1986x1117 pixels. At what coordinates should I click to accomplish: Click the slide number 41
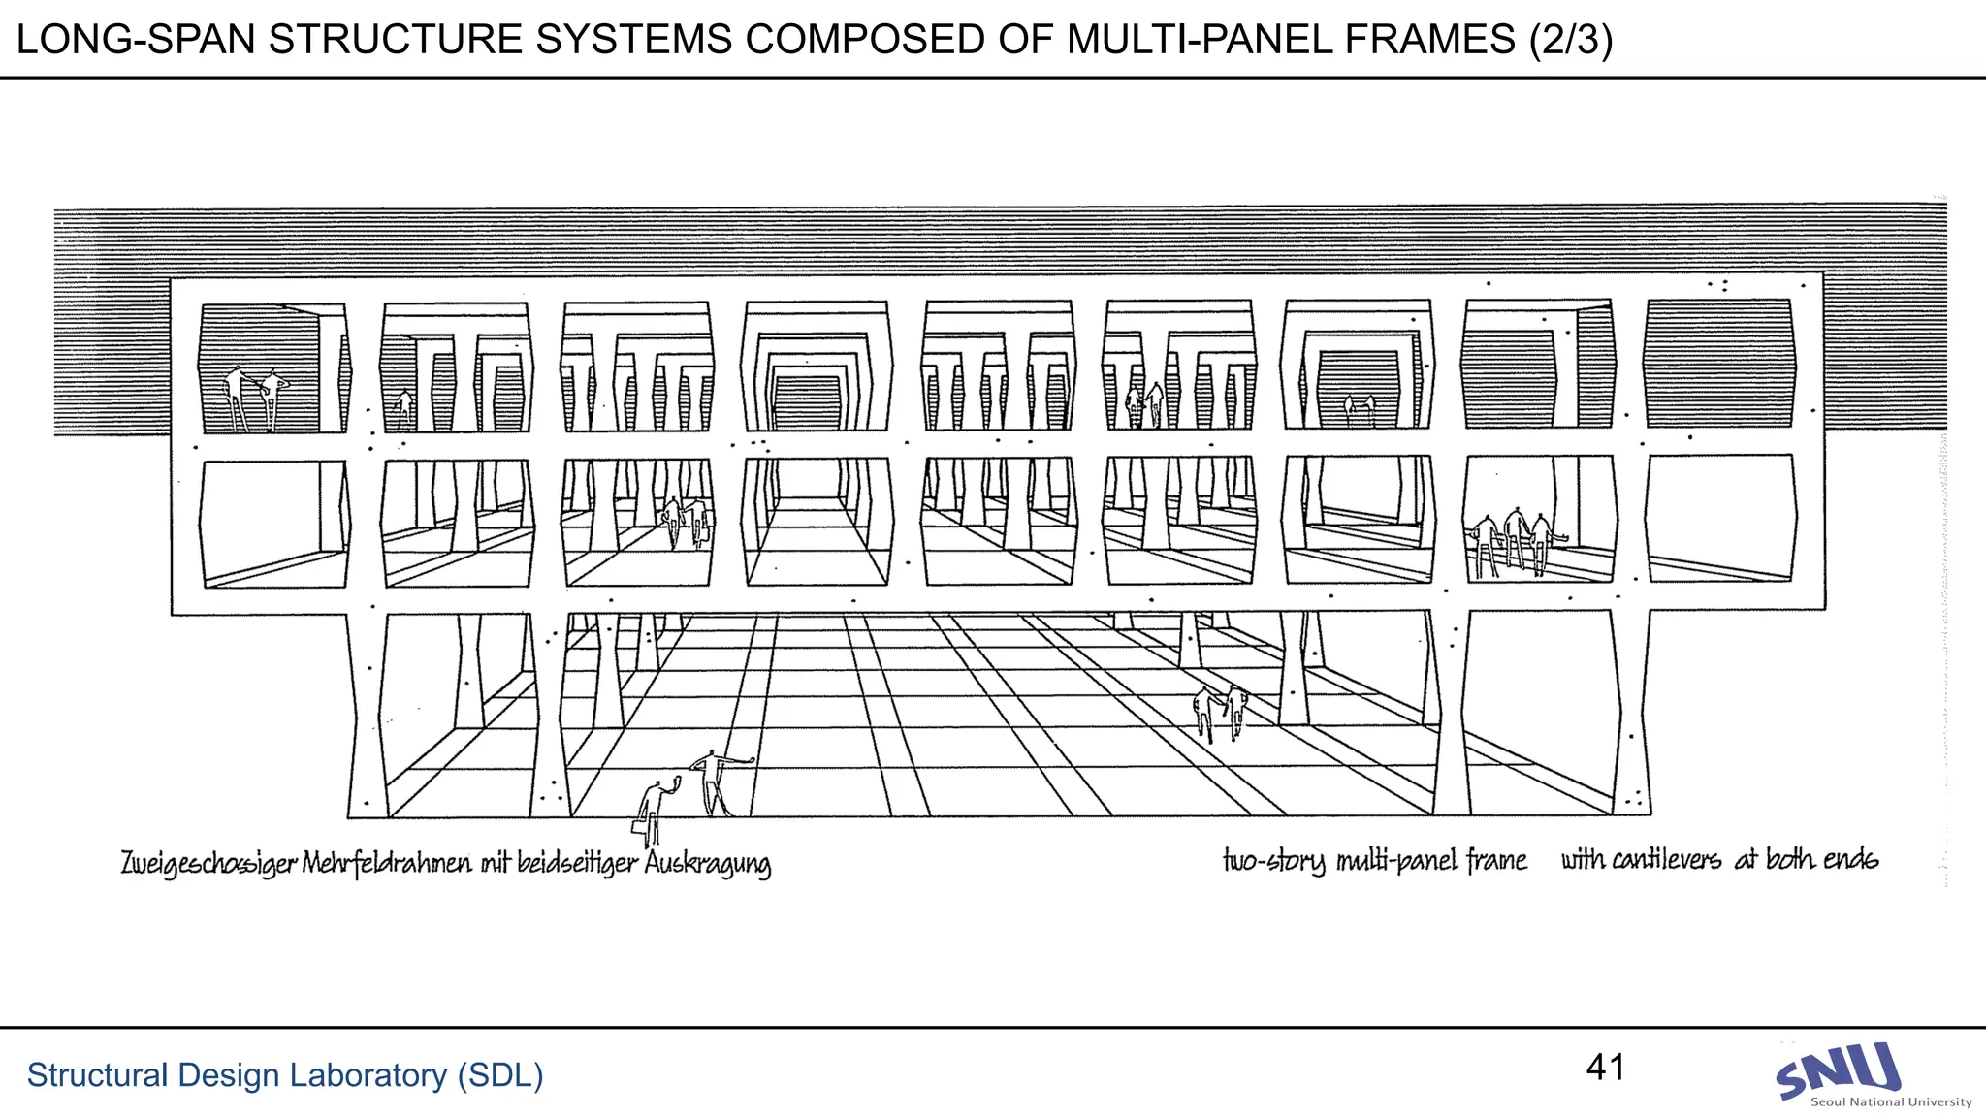tap(1605, 1067)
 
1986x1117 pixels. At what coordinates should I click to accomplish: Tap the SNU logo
tap(1837, 1070)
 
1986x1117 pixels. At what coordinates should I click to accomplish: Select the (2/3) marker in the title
tap(1570, 40)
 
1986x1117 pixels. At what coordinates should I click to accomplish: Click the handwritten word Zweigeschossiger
tap(208, 863)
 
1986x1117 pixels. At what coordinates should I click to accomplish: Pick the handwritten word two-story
tap(1273, 861)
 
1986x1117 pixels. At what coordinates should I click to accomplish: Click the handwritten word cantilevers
tap(1666, 860)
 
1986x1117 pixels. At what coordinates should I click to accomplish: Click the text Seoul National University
tap(1891, 1101)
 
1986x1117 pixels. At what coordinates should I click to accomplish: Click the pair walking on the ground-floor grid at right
tap(1220, 712)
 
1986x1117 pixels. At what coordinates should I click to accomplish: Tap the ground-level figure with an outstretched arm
tap(718, 781)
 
